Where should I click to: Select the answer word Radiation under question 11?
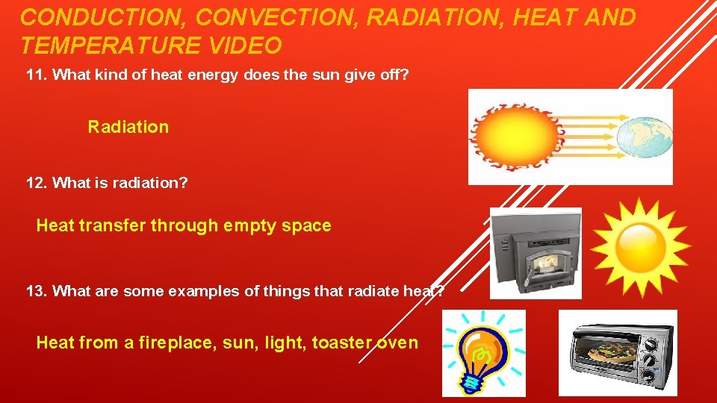pos(128,127)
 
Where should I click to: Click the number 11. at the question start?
pos(37,75)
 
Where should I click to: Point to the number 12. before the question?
pos(37,183)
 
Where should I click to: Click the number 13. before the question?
pos(37,291)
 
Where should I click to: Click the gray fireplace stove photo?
pos(536,254)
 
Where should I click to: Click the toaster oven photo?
pos(618,353)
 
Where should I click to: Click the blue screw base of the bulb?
pos(472,382)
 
